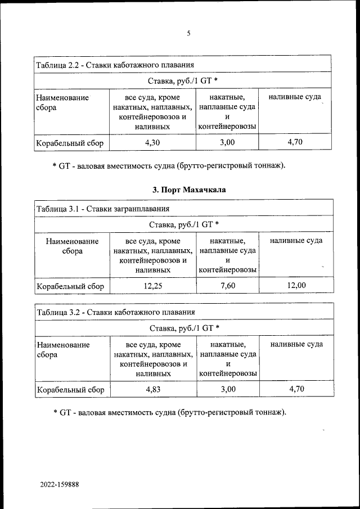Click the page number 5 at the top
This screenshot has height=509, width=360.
tap(188, 33)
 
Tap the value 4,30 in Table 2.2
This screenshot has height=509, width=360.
tap(152, 143)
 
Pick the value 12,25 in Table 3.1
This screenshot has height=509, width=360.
tap(152, 286)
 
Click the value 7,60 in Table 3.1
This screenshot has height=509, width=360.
tap(227, 286)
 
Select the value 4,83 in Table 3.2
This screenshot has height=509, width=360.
tap(152, 389)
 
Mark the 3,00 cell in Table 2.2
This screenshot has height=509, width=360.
tap(227, 143)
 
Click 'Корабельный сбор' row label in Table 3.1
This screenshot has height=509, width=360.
tap(70, 286)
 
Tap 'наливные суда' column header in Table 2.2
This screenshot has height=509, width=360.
tap(295, 97)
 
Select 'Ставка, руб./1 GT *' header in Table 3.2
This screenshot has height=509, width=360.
tap(184, 327)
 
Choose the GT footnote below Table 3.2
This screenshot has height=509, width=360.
tap(169, 412)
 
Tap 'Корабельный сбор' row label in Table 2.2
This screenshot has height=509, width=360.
tap(70, 143)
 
